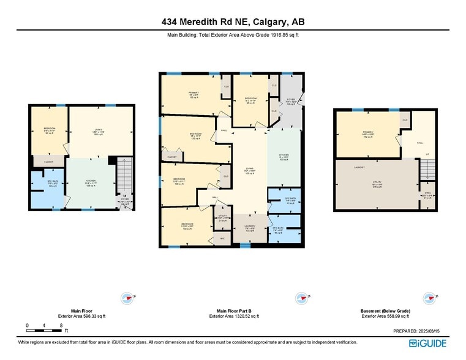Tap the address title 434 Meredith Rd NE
click(233, 22)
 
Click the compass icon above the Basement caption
click(430, 298)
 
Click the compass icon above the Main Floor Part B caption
click(301, 298)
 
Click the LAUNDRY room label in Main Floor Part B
click(250, 227)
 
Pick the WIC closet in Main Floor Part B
click(222, 238)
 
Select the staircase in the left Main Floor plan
click(124, 174)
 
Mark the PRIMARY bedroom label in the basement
click(367, 133)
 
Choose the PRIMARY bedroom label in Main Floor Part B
click(193, 95)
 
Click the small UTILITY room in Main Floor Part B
click(222, 219)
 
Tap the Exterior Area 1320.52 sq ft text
click(234, 317)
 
